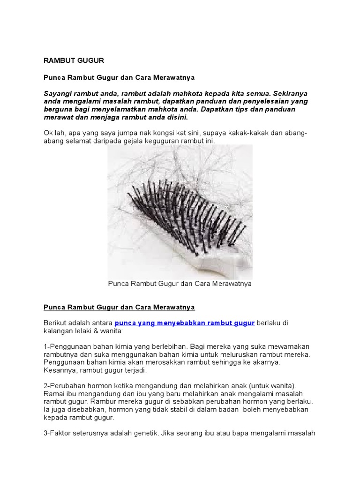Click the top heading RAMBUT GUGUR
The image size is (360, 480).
point(74,60)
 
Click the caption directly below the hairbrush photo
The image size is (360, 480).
point(180,284)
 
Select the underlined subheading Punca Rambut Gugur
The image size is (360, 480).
point(119,307)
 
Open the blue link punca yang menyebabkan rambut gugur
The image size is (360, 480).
point(185,323)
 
